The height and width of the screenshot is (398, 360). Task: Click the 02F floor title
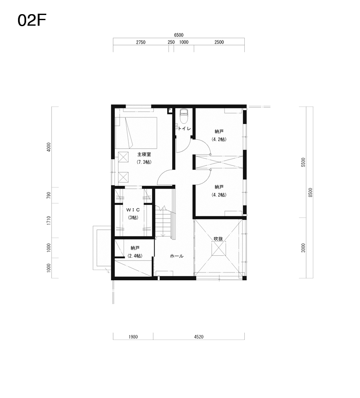click(x=32, y=20)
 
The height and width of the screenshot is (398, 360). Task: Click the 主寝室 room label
click(x=144, y=154)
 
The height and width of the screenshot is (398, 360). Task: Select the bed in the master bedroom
click(x=136, y=132)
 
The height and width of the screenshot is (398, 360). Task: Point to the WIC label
click(x=133, y=210)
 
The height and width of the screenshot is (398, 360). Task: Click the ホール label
click(x=177, y=256)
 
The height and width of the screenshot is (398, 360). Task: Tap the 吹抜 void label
click(x=218, y=239)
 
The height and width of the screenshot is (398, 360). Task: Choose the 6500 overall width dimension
click(x=179, y=35)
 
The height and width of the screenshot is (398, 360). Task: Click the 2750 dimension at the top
click(x=141, y=42)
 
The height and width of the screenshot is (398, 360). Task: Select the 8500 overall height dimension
click(x=310, y=192)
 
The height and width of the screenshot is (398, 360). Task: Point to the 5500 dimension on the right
click(x=303, y=162)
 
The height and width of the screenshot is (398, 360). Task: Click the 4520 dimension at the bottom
click(x=199, y=337)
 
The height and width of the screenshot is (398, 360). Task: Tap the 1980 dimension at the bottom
click(x=133, y=337)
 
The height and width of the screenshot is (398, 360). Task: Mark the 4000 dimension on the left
click(x=49, y=147)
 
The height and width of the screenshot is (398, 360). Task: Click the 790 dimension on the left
click(x=49, y=195)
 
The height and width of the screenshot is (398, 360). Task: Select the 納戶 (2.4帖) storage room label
click(x=135, y=251)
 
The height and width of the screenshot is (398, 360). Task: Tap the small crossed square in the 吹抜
click(x=219, y=248)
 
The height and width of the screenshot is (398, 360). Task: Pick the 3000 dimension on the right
click(x=303, y=248)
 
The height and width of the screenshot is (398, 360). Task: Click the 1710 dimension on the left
click(x=49, y=220)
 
